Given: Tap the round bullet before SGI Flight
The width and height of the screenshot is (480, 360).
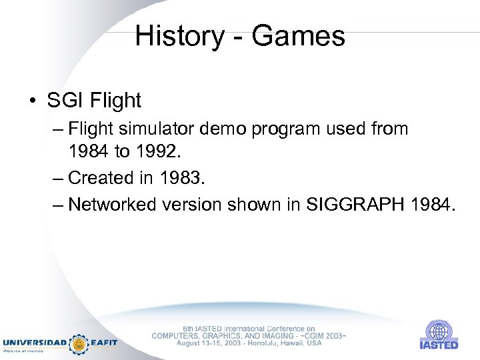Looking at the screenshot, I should pos(33,101).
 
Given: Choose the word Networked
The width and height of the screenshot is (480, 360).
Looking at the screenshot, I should pos(112,204).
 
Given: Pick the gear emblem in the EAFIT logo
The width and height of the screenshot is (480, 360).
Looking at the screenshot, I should pos(79,343).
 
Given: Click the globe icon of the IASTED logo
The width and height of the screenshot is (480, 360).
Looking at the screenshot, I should pos(439,330).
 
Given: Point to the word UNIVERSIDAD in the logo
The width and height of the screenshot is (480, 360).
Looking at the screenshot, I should pos(34,343).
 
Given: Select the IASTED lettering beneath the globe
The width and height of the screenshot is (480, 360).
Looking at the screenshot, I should pos(439,345).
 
